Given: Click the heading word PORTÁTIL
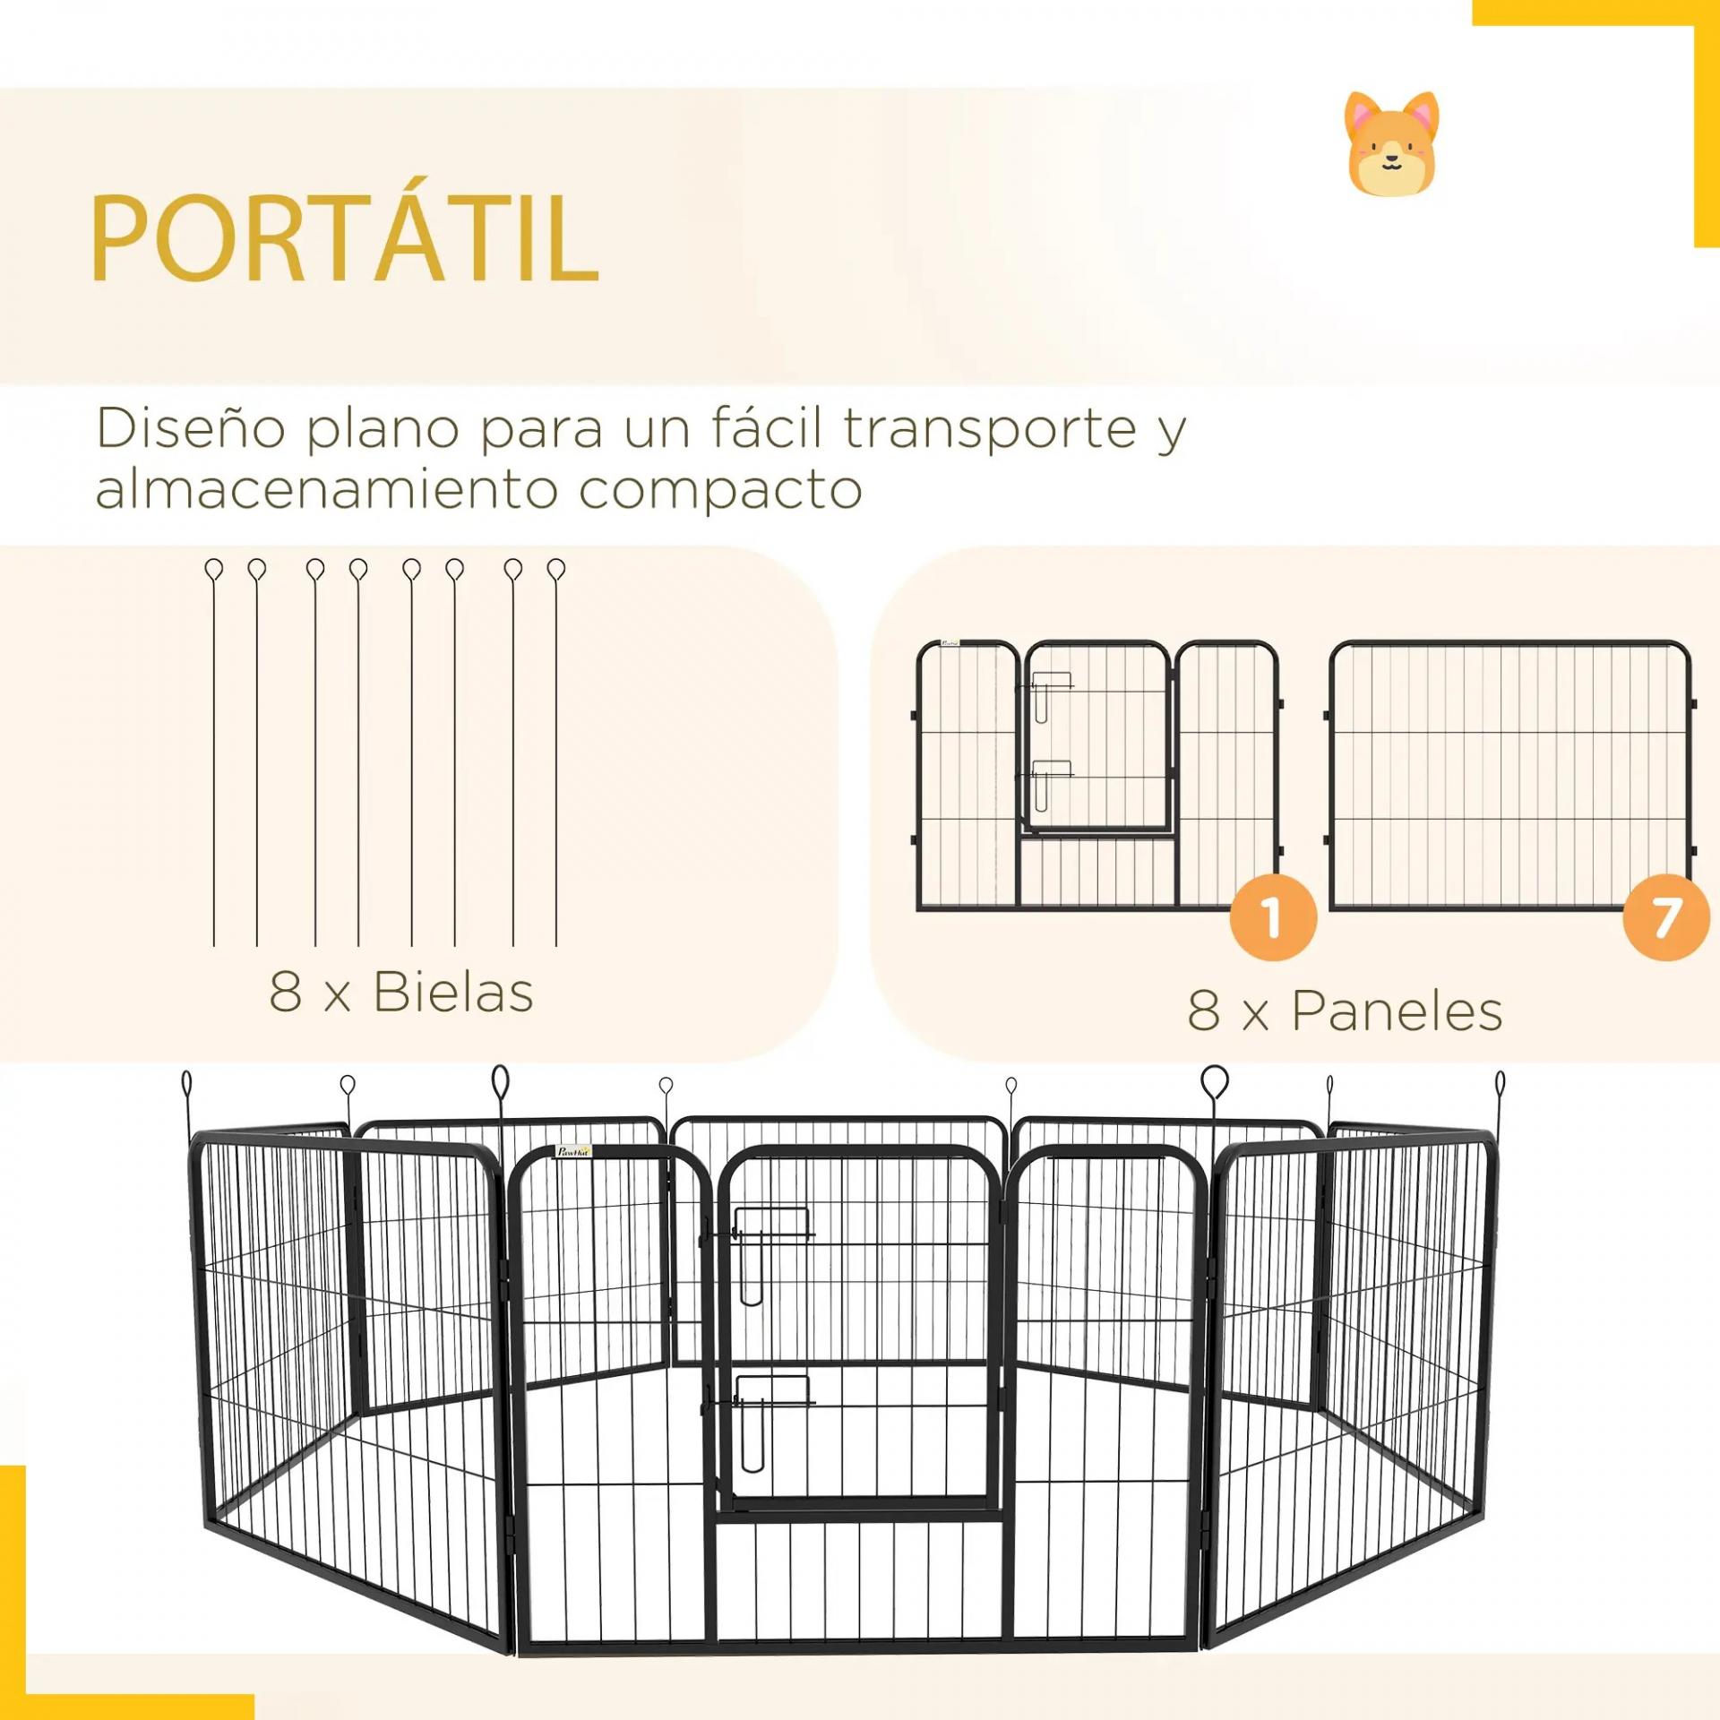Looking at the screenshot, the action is [x=345, y=236].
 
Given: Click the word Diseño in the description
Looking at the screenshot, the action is [x=192, y=428].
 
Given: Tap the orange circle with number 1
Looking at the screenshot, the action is [x=1272, y=919].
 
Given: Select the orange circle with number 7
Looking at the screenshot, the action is [x=1665, y=919].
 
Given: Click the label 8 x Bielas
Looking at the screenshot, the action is [x=400, y=992].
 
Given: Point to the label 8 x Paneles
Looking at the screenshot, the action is [x=1345, y=1010].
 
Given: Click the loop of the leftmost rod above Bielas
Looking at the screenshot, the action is [x=214, y=569].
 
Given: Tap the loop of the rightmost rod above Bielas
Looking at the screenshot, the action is [x=556, y=569].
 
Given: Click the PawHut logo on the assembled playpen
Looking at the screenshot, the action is [x=573, y=1151].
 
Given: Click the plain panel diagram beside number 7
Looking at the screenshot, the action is [x=1509, y=776].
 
